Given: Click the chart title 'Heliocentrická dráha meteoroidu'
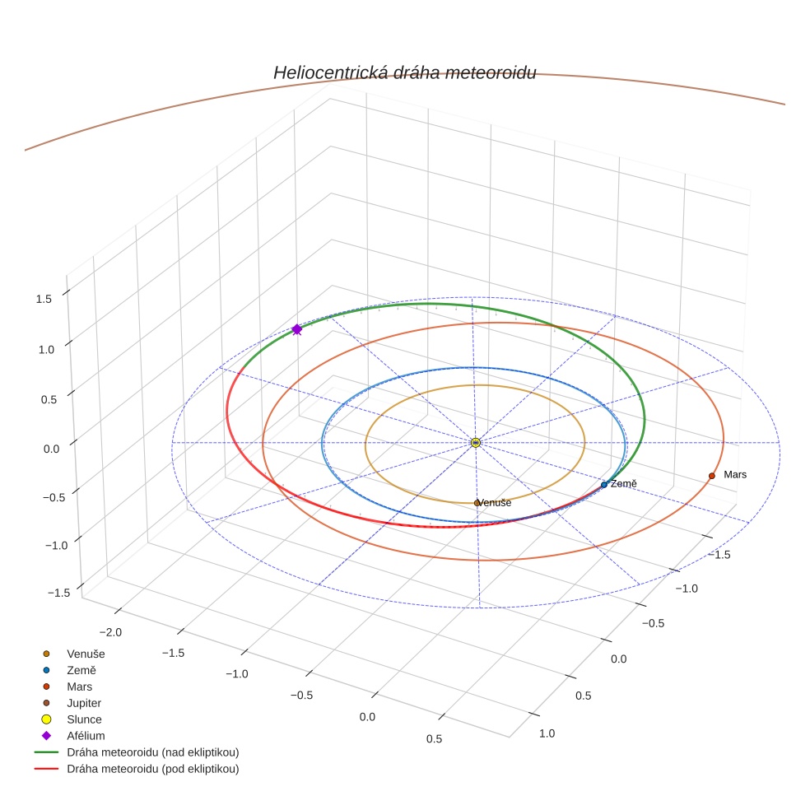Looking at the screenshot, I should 404,72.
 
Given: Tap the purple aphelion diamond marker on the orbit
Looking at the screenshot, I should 297,329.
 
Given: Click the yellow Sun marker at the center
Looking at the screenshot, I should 476,443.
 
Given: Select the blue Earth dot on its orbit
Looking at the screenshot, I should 604,485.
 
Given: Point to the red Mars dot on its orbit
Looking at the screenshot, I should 711,476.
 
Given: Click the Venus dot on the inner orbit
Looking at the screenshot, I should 477,503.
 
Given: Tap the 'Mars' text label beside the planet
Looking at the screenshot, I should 735,475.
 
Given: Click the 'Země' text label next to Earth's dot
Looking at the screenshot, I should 623,484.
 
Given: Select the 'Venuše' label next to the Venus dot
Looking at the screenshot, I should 496,503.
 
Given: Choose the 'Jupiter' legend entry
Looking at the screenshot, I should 84,703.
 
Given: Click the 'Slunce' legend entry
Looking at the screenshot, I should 84,719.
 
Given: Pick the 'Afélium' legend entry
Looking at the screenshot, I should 86,736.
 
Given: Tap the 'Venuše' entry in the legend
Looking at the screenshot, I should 86,654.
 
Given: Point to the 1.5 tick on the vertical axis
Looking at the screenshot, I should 44,299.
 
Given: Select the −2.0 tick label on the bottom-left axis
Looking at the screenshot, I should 111,632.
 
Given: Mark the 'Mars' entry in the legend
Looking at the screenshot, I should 79,687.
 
